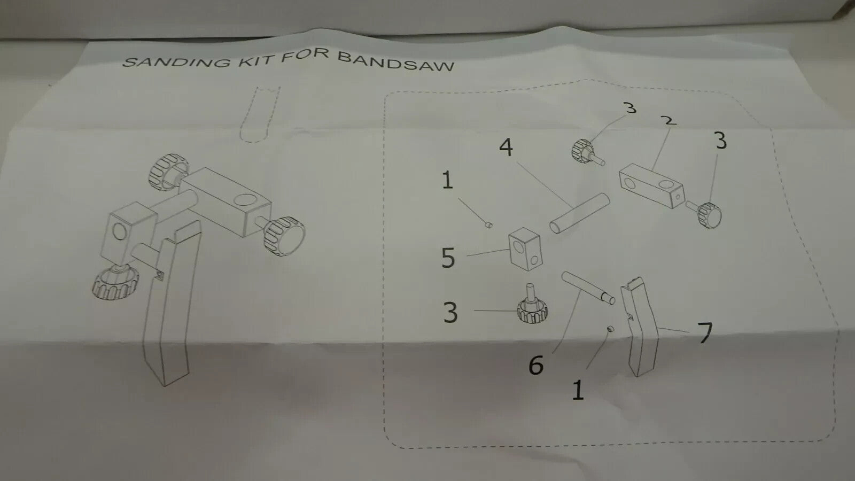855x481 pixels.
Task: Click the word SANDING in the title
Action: (177, 62)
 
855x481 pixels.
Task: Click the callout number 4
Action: (506, 147)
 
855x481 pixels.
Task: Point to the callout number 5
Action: (448, 258)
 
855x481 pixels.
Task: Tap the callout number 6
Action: (537, 366)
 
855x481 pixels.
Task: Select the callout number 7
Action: (705, 332)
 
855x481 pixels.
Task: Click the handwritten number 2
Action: (669, 121)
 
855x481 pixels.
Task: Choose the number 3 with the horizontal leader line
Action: (450, 313)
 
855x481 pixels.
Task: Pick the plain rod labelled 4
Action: (579, 213)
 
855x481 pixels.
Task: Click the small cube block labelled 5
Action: (525, 249)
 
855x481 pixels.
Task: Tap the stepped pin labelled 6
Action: (588, 288)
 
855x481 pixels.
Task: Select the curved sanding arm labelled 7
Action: (639, 327)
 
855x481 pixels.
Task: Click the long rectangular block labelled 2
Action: (651, 185)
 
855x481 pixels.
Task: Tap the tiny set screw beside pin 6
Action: (610, 329)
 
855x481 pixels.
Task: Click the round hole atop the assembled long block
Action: (245, 200)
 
